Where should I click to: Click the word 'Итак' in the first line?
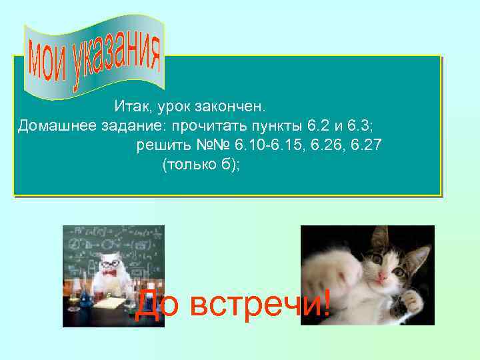pos(131,106)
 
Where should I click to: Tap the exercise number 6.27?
pos(366,145)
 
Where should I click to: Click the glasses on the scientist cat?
pos(109,264)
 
